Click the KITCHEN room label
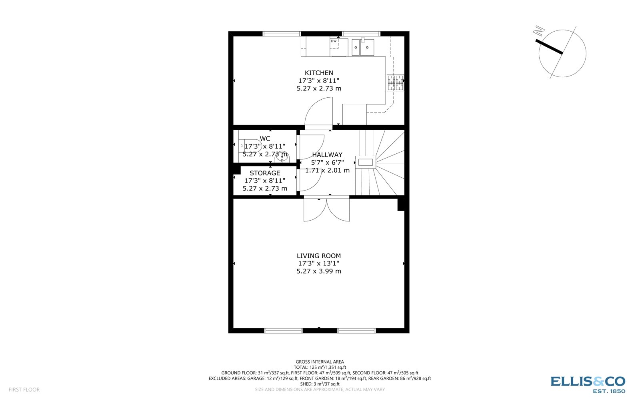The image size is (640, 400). (319, 73)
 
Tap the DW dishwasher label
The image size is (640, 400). (334, 41)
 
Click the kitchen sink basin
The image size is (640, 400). (367, 48)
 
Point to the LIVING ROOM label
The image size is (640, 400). (319, 256)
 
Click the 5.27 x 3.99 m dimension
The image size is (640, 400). (319, 271)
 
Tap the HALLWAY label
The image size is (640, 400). (327, 155)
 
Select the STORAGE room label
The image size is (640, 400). (265, 173)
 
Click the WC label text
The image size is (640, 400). (265, 139)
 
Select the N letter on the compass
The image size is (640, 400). (539, 30)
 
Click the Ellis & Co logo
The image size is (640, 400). (588, 382)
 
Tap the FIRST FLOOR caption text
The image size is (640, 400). (24, 390)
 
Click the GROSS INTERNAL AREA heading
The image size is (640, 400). (320, 362)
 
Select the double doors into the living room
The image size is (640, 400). (326, 210)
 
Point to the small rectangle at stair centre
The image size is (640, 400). (366, 162)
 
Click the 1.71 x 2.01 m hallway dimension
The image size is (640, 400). (327, 170)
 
